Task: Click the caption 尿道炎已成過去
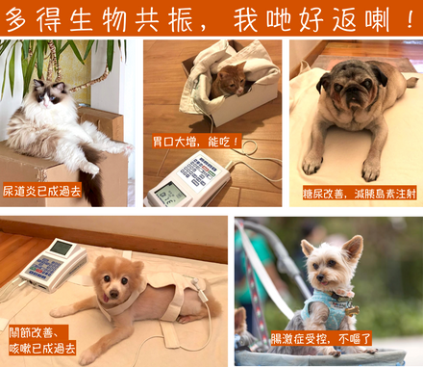[x=42, y=191]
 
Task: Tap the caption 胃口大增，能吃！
[x=196, y=142]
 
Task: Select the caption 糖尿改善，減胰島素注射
[x=360, y=194]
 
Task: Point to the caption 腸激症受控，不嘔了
[x=321, y=338]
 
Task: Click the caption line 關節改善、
[x=34, y=332]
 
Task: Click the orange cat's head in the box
[x=230, y=81]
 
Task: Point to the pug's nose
[x=351, y=91]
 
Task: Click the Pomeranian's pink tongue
[x=106, y=298]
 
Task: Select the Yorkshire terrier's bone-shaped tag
[x=352, y=310]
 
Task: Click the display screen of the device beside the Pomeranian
[x=61, y=248]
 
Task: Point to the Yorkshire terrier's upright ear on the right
[x=353, y=248]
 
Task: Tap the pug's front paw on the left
[x=311, y=163]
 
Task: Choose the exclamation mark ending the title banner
[x=411, y=19]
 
